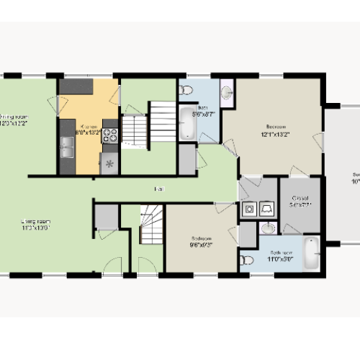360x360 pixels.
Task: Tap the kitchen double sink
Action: pyautogui.click(x=67, y=148)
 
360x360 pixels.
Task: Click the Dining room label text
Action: pyautogui.click(x=16, y=120)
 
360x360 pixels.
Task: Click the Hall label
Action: pyautogui.click(x=158, y=189)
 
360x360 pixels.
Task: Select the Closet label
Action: pyautogui.click(x=300, y=201)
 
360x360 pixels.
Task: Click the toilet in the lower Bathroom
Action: pyautogui.click(x=247, y=260)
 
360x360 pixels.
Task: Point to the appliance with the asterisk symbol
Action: pyautogui.click(x=110, y=164)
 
